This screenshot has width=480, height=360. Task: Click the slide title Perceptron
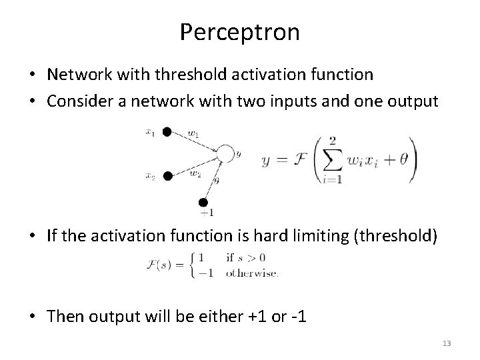[x=239, y=32]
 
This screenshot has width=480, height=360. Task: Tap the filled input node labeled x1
[x=167, y=131]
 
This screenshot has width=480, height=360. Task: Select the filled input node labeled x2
[x=168, y=176]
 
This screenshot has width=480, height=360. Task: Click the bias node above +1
[x=204, y=202]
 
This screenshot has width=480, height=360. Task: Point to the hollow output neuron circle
[x=225, y=154]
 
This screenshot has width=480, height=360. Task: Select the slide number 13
[x=446, y=343]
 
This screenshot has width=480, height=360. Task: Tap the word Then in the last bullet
[x=65, y=315]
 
